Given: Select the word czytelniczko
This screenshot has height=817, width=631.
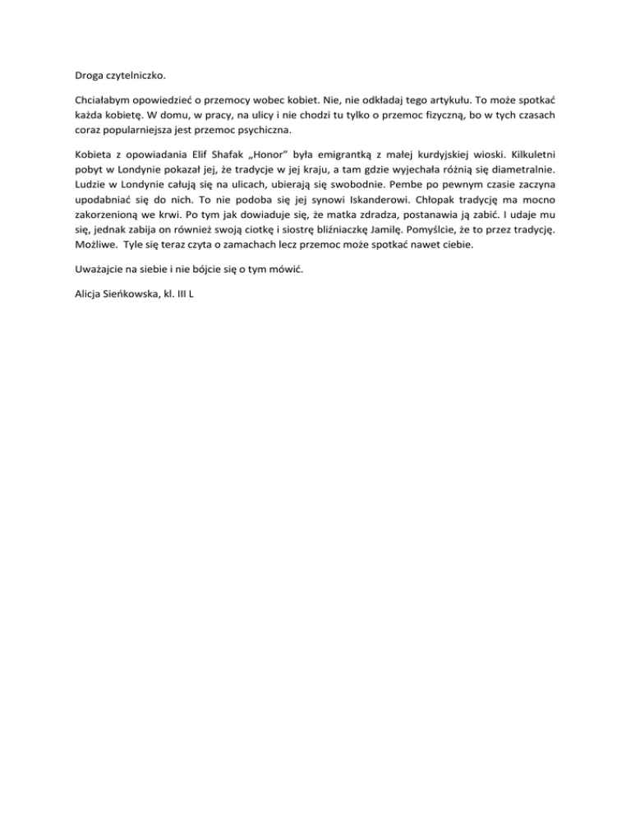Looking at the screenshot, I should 133,76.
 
